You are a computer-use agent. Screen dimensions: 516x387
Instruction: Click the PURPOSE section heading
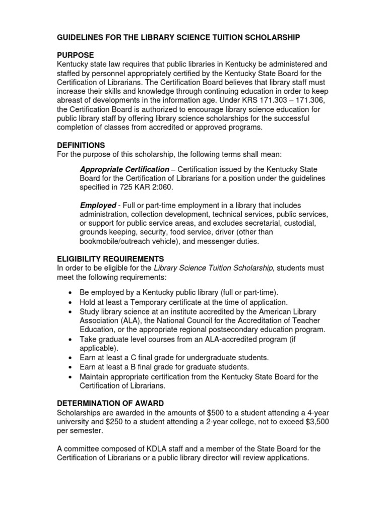75,55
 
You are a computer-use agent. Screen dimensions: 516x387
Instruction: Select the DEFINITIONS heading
81,145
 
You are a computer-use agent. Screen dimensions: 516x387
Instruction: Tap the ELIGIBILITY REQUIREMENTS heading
110,259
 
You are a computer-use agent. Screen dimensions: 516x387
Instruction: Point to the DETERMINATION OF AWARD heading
110,403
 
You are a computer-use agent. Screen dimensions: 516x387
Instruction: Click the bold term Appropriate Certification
124,169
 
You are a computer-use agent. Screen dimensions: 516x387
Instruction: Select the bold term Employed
97,205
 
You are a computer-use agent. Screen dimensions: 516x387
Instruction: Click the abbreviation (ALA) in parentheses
127,320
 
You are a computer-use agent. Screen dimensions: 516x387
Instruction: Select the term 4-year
318,412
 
